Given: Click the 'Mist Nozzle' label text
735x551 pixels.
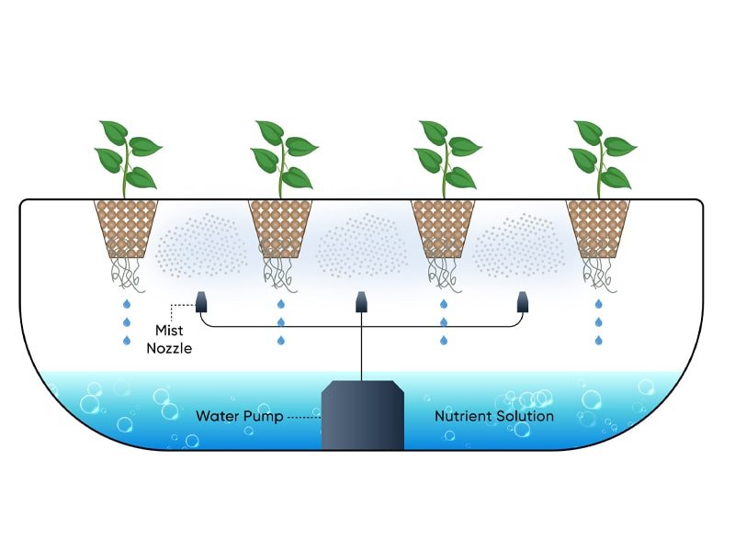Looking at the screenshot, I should point(169,341).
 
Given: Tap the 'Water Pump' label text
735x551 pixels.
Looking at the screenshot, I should point(238,416).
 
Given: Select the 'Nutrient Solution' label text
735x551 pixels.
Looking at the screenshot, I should point(494,416).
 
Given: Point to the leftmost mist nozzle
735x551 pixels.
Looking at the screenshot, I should point(201,300).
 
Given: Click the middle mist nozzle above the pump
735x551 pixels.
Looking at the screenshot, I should point(362,300).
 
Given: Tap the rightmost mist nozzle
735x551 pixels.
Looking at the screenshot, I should point(523,300).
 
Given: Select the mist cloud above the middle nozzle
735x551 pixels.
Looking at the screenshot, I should point(362,244).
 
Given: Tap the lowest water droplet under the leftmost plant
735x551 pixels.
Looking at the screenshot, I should point(127,342).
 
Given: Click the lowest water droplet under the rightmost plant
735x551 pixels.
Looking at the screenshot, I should point(598,342).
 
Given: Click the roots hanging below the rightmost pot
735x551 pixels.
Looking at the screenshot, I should point(598,272).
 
